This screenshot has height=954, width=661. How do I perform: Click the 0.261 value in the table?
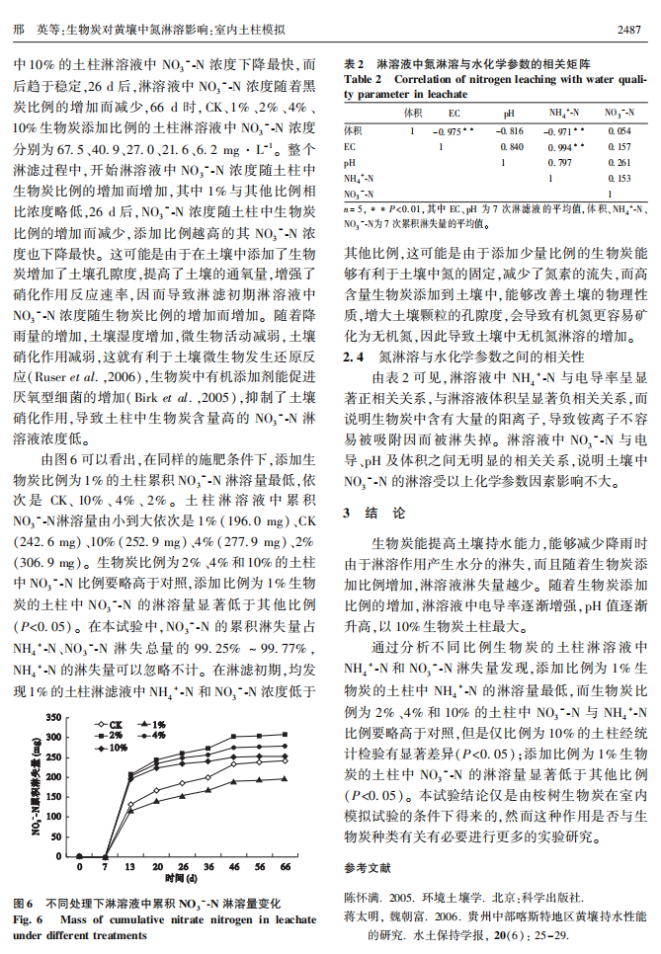tap(620, 162)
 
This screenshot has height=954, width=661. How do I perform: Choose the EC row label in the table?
tap(351, 146)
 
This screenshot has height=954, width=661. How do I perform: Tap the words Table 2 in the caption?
tap(364, 78)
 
